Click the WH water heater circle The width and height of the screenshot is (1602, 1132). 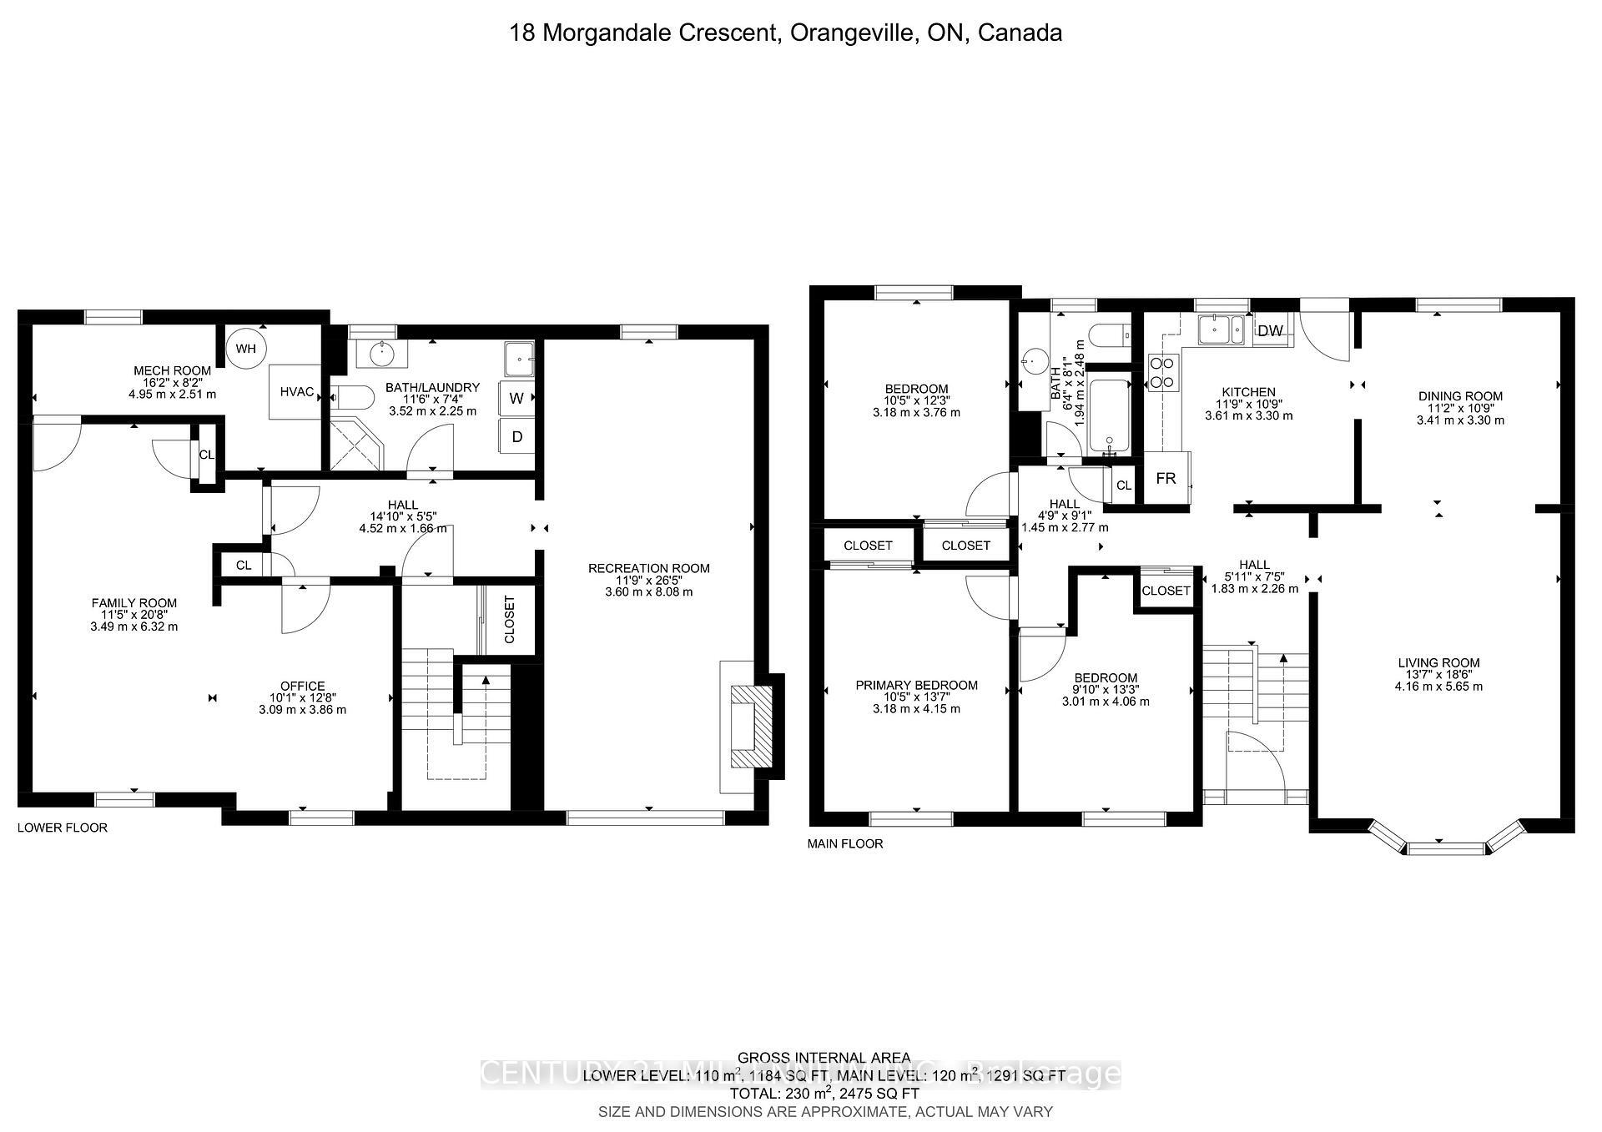click(x=245, y=349)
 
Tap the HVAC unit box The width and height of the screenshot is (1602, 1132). click(x=295, y=391)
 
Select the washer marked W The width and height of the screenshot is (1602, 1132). click(x=516, y=398)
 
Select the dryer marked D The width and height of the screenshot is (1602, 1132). click(x=516, y=436)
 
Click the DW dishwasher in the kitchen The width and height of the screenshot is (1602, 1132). click(x=1270, y=330)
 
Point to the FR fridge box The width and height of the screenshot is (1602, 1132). click(x=1166, y=478)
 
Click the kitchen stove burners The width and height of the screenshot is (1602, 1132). click(x=1162, y=372)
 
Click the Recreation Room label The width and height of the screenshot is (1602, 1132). click(x=648, y=568)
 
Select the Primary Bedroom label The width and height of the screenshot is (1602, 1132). click(x=916, y=685)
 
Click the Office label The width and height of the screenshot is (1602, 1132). click(x=302, y=686)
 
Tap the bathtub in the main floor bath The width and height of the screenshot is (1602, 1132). click(x=1109, y=415)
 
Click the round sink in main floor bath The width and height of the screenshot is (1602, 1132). click(x=1033, y=363)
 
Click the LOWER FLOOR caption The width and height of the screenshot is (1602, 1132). click(x=63, y=828)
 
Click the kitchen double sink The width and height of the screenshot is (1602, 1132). click(x=1221, y=330)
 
